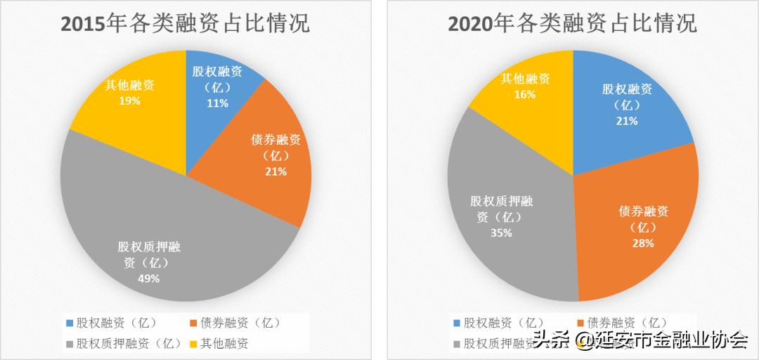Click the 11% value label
217,103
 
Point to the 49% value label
148,278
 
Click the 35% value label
501,233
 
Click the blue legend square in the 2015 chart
69,323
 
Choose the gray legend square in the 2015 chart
69,344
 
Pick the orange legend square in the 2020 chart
580,323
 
